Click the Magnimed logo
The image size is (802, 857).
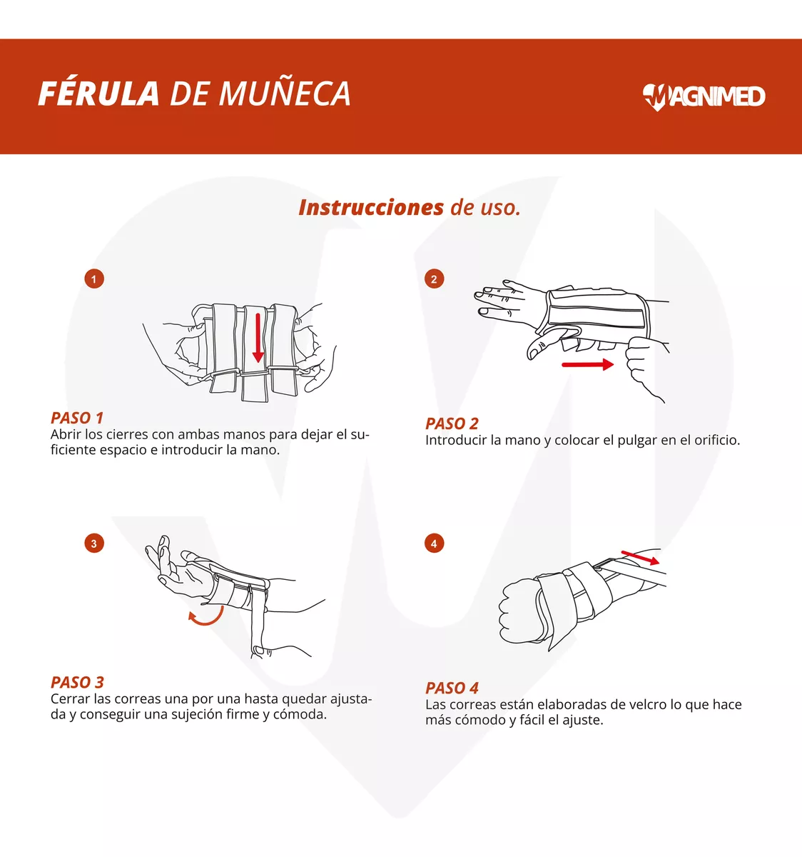[x=704, y=96]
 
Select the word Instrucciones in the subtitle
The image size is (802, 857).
[x=371, y=207]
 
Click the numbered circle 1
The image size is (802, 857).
[x=94, y=279]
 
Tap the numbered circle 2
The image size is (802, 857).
[x=435, y=279]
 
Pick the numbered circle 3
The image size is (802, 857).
[x=94, y=543]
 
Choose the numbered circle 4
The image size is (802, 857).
[x=435, y=543]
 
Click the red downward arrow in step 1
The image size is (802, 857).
[x=258, y=338]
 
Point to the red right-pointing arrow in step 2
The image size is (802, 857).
[x=588, y=365]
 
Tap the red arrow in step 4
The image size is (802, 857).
[x=640, y=558]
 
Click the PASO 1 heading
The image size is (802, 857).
[x=77, y=418]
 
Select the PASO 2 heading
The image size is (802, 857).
[x=452, y=424]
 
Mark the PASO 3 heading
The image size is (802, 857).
[x=77, y=682]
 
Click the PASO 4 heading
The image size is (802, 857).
[x=452, y=688]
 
